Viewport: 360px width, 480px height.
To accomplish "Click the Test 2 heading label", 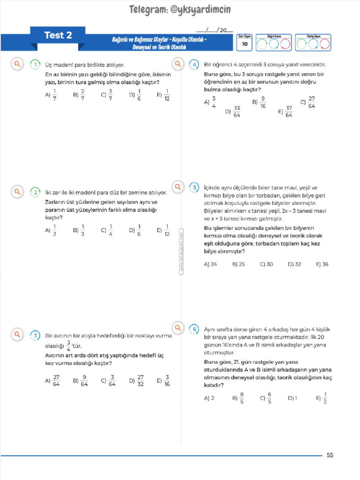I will click(58, 35).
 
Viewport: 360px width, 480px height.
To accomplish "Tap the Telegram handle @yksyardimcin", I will click(180, 9).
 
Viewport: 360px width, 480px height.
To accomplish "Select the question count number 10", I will click(244, 44).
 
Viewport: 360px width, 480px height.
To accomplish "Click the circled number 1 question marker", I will click(35, 65).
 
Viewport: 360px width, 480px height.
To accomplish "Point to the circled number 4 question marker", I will click(194, 65).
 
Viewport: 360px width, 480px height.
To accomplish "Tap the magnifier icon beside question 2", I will click(17, 192).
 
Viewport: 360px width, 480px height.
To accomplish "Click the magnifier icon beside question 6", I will click(178, 327).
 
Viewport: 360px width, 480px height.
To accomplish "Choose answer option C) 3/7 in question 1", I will click(107, 95).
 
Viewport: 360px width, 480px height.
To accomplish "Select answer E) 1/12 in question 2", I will click(164, 230).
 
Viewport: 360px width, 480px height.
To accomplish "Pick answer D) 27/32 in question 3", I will click(136, 380).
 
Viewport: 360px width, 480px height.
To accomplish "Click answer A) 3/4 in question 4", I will click(210, 102).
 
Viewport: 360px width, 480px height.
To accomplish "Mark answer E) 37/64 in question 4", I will click(285, 112).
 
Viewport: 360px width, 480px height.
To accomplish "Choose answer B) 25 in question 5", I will click(238, 264).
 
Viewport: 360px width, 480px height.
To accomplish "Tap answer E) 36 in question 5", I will click(322, 264).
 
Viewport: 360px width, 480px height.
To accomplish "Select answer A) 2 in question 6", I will click(209, 398).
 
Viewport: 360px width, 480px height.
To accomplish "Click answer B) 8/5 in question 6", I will click(238, 398).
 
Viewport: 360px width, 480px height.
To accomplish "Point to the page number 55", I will click(330, 455).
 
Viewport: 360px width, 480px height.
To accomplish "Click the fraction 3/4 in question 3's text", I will click(68, 345).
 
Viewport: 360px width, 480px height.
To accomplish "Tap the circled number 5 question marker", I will click(194, 187).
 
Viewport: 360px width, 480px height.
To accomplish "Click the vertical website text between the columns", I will click(181, 251).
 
